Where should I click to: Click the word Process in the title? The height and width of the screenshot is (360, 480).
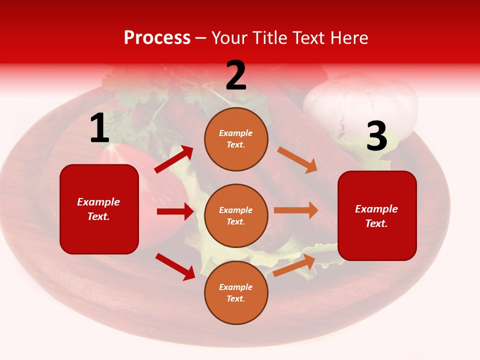click(157, 38)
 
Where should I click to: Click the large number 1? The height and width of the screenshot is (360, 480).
click(99, 129)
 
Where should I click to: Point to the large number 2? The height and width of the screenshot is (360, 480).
click(236, 76)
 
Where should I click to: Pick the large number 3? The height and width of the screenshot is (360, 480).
click(376, 136)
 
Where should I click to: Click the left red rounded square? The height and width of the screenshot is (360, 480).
click(99, 209)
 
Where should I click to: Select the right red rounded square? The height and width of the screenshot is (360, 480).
click(377, 215)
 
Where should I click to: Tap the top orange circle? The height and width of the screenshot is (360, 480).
click(236, 139)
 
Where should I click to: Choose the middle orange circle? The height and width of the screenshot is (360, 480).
click(236, 215)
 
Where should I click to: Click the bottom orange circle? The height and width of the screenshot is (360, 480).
click(236, 292)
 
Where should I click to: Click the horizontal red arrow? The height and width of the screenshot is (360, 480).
click(175, 211)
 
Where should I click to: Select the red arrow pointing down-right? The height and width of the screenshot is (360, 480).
click(175, 266)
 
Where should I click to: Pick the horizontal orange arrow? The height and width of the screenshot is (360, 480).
click(296, 210)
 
